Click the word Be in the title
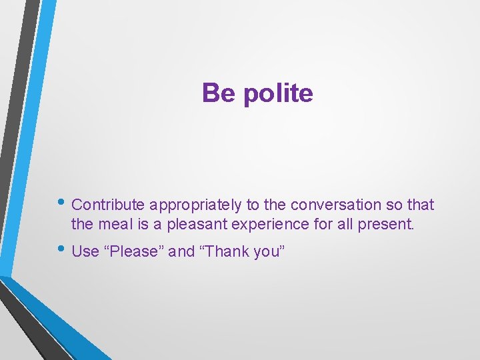coord(219,93)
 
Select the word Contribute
coord(109,205)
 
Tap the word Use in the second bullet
coord(85,251)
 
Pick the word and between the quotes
coord(181,251)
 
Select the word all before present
coord(345,225)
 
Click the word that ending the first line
coord(419,205)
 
